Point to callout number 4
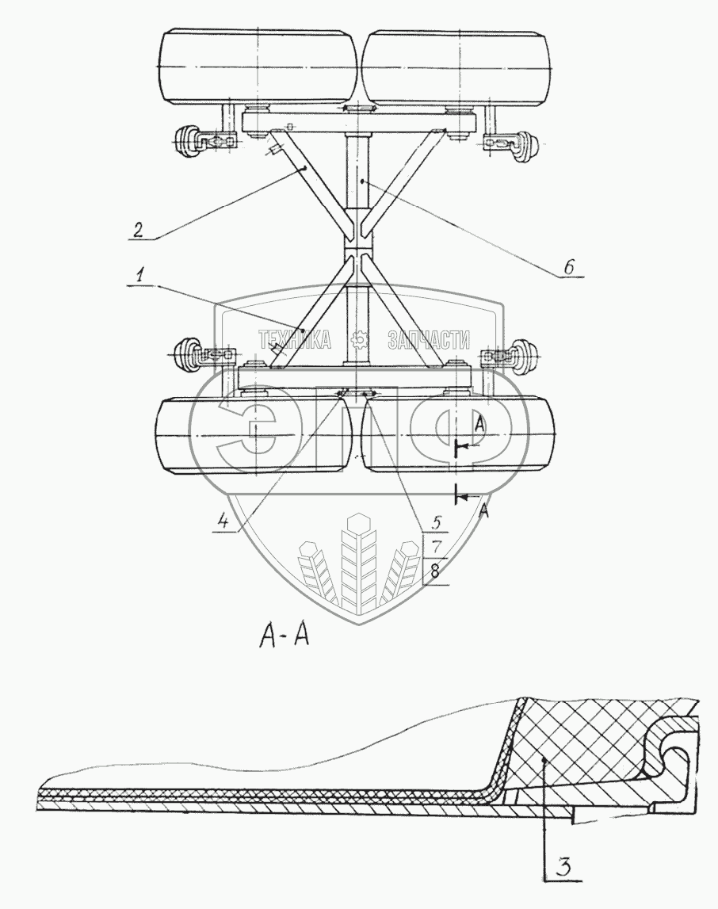click(x=224, y=521)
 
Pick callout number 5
click(x=435, y=523)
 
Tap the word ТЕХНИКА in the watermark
click(x=295, y=341)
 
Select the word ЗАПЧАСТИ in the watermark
click(x=425, y=341)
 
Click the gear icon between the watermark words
click(x=360, y=340)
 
